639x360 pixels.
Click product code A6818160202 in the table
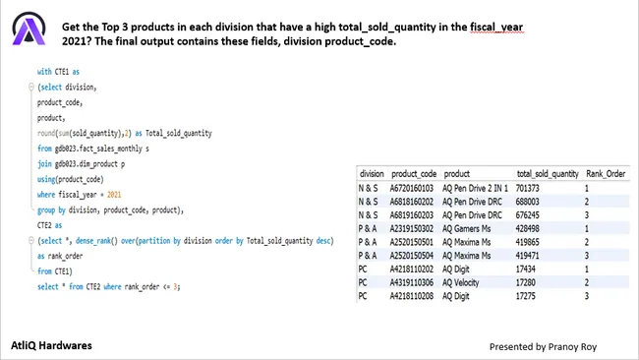415,200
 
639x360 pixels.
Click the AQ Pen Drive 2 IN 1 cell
478,187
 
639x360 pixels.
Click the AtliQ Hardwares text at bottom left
60,346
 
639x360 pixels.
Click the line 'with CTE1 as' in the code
58,72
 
